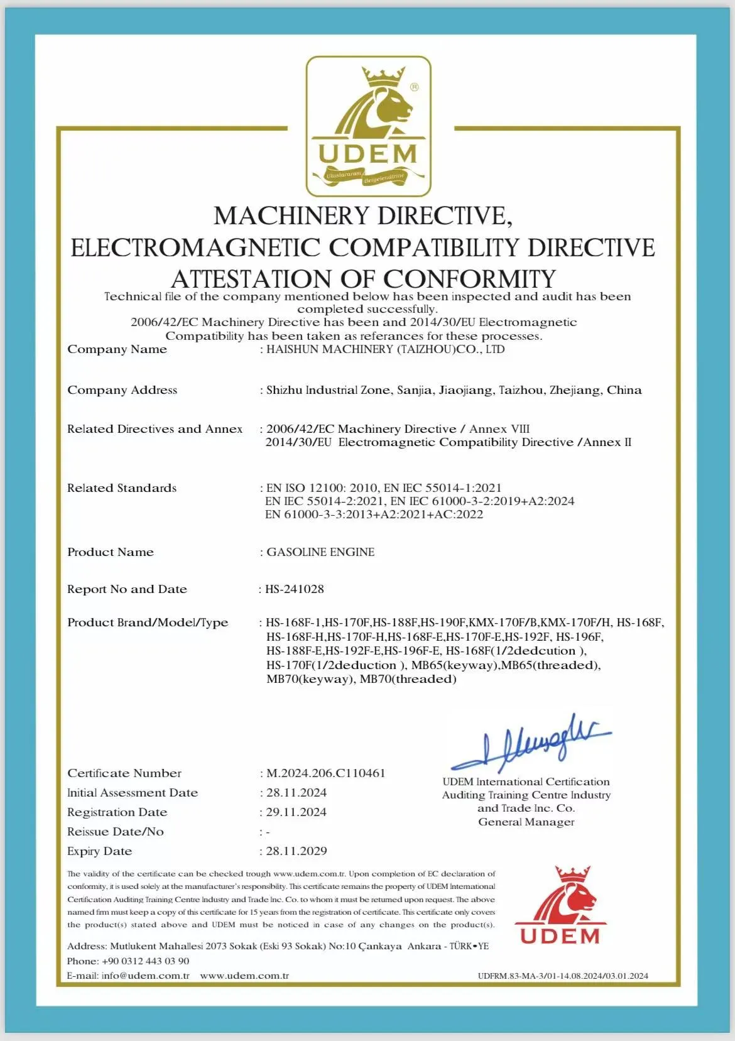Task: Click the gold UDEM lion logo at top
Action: pos(368,126)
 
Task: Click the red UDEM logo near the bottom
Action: pos(560,907)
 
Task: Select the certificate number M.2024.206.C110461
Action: pos(325,773)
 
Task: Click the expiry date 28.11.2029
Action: pos(297,851)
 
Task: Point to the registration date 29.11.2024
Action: pos(297,812)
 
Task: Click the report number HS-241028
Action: pos(295,589)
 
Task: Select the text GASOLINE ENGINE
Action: pos(320,552)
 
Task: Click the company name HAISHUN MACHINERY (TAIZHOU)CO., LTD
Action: pos(385,349)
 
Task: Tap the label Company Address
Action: pos(122,390)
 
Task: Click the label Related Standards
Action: pos(122,488)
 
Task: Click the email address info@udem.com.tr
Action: pos(146,976)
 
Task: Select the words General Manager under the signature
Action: pos(526,822)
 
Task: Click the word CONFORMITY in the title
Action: pos(470,279)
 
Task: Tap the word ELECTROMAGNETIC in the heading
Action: pos(195,248)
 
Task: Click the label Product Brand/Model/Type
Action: pos(148,623)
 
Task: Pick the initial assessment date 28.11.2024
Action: pos(297,793)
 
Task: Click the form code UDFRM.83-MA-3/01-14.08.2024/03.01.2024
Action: pos(563,976)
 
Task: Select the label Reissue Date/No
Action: pos(116,832)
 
